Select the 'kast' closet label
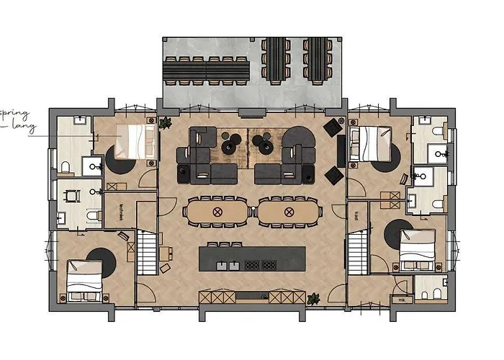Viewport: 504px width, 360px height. point(357,215)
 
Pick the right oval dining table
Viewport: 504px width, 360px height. point(289,212)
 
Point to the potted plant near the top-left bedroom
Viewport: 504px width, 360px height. point(165,122)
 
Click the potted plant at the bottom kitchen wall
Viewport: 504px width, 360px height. point(313,298)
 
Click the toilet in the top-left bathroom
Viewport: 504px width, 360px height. point(66,167)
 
